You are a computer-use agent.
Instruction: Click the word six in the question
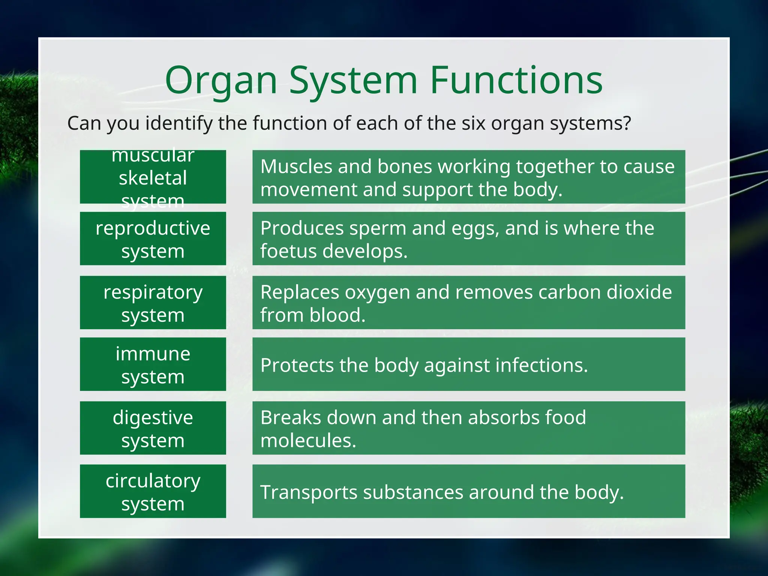(474, 123)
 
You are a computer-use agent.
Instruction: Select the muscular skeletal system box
(153, 177)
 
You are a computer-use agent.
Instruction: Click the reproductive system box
(153, 239)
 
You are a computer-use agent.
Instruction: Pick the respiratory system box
(153, 303)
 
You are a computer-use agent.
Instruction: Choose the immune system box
(153, 364)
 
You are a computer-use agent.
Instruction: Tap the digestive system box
(153, 428)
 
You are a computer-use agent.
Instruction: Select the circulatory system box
(153, 491)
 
